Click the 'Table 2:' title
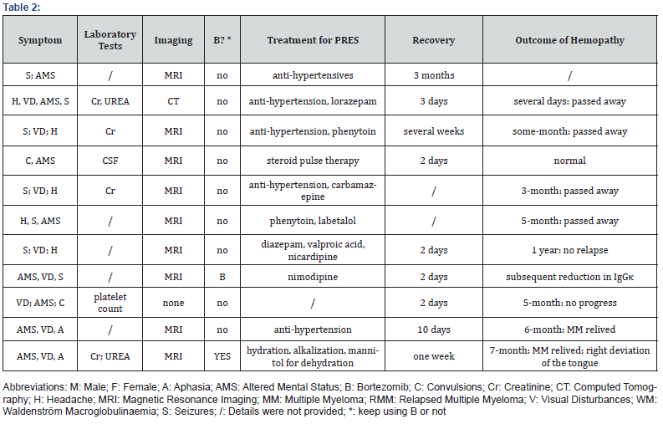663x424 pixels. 22,8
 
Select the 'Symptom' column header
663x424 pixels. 40,40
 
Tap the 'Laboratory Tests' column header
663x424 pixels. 110,40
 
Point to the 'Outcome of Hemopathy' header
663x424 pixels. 569,40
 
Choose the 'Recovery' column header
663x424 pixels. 434,40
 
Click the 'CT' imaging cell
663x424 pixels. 173,102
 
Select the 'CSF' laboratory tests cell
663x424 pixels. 110,160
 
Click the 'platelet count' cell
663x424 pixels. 110,303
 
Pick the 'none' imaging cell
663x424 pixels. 173,303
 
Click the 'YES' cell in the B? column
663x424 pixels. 222,355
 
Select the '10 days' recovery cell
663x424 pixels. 434,329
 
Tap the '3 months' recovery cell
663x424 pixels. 434,75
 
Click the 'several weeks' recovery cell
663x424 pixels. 434,131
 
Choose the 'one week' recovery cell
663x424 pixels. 434,355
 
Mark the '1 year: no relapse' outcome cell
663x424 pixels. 569,250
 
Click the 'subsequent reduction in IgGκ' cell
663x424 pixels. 569,277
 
